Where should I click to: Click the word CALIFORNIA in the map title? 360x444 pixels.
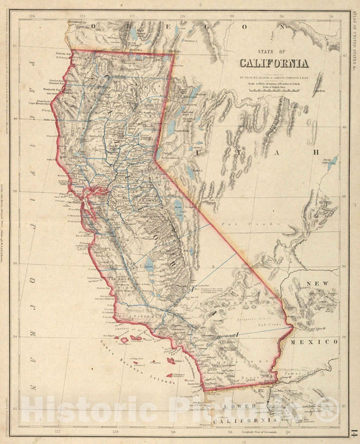click(273, 65)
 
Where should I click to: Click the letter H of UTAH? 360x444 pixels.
click(315, 152)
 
